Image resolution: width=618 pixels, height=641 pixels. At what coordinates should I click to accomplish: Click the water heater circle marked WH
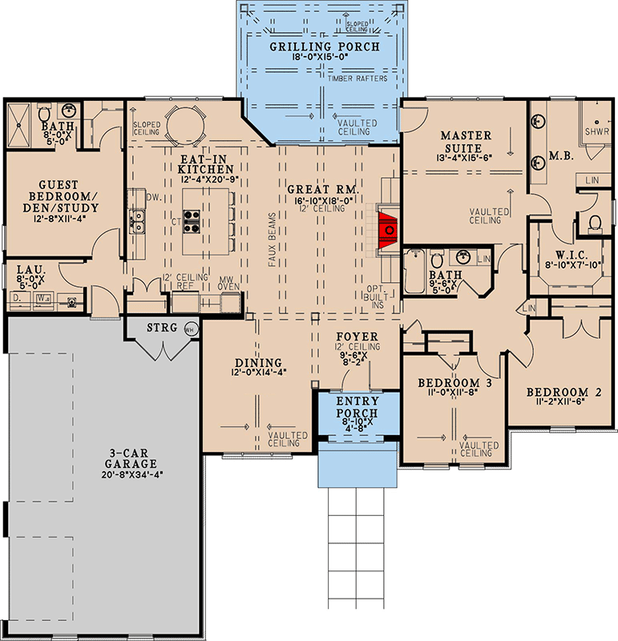tap(190, 328)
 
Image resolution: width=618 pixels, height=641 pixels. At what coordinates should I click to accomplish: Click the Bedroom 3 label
tap(454, 383)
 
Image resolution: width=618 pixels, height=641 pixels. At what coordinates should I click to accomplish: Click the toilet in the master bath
tap(595, 222)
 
